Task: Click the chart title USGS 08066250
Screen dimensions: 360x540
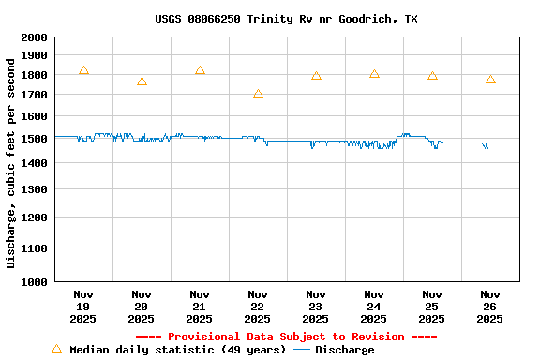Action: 286,19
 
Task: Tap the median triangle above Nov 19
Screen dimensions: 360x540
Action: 83,71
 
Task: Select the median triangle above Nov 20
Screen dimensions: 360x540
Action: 142,82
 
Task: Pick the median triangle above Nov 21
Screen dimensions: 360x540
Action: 200,71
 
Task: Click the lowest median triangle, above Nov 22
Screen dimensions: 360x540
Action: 258,94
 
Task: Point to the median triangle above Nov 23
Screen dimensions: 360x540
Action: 316,76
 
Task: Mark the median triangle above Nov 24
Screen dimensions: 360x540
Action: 374,74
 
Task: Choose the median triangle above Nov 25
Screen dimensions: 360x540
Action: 432,76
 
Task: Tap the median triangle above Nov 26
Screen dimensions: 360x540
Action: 490,80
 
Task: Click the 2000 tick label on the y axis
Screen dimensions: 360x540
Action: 33,37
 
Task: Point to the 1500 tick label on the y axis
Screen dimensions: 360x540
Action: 33,139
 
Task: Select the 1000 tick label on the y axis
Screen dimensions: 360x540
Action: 33,281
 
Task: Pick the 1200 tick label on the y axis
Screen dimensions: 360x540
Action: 33,217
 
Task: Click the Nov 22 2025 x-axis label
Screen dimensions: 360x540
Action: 258,307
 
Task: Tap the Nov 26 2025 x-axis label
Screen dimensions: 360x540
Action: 490,307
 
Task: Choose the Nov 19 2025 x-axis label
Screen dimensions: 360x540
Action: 83,307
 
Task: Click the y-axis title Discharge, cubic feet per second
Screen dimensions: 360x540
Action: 11,162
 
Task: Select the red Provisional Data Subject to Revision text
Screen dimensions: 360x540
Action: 286,337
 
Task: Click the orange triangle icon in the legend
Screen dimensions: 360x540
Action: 56,349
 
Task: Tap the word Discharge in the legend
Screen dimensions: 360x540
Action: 344,350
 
